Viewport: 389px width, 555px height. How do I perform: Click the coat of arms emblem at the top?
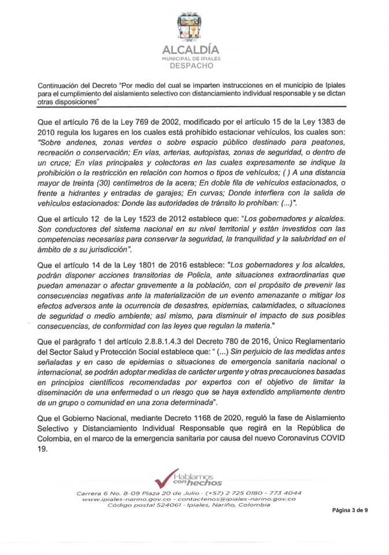[x=194, y=28]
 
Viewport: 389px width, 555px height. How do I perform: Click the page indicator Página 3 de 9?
[x=350, y=511]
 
